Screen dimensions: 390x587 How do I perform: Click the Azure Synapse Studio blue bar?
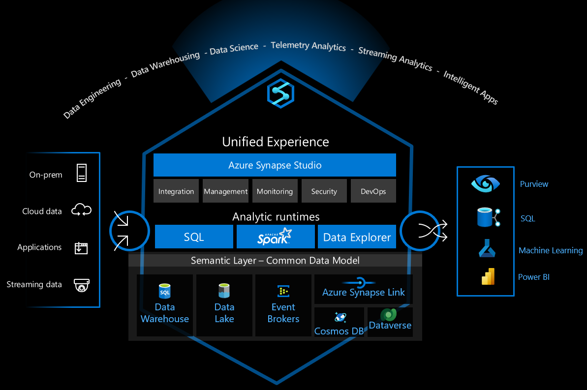pos(275,165)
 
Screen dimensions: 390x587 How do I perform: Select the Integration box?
pos(176,191)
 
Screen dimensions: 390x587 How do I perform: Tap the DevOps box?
pos(373,191)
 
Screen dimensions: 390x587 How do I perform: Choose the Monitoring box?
pos(275,191)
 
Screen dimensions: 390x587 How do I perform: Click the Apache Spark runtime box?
pos(275,237)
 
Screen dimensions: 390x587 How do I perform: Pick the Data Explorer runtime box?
pos(357,237)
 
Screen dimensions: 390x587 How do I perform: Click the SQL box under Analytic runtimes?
pos(194,237)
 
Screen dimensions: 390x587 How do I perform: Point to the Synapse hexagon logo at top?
pos(280,93)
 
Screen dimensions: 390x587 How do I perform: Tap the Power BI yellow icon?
pos(488,277)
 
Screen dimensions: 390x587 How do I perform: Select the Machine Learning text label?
pos(550,251)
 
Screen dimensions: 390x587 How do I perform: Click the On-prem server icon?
pos(81,174)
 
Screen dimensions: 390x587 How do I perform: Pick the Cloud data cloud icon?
pos(81,211)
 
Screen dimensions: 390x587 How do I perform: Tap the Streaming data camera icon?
pos(81,285)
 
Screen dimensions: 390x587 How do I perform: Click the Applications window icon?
pos(81,247)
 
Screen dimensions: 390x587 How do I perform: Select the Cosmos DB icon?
pos(340,317)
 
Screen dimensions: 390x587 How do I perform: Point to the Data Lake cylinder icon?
pos(224,291)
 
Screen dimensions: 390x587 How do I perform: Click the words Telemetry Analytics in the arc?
pos(308,46)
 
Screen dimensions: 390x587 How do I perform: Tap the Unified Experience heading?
pos(275,142)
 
